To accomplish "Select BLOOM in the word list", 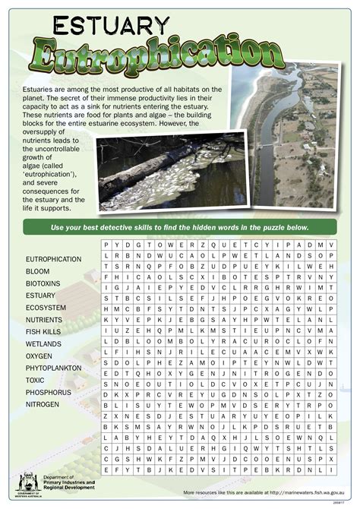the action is click(38, 271).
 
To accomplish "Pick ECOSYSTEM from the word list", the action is click(46, 308).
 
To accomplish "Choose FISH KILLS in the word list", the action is click(44, 332).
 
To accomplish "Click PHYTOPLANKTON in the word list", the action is click(53, 368).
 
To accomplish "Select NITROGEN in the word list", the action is click(42, 404).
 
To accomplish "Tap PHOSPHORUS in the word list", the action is click(48, 392).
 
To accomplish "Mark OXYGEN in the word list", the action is click(39, 356).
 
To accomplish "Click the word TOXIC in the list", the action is click(35, 380).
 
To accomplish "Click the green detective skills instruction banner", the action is click(180, 228).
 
